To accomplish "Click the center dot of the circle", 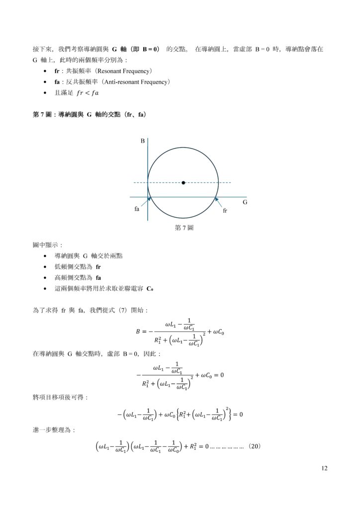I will coord(183,183).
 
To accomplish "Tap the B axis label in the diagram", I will coord(143,142).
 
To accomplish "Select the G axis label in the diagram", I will coord(245,203).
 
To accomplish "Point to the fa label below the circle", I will coord(137,209).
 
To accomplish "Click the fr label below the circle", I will coord(225,211).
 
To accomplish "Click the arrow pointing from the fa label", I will coord(145,201).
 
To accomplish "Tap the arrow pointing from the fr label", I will coord(218,202).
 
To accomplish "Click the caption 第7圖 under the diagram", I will coord(184,228).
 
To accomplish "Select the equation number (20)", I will coord(254,446).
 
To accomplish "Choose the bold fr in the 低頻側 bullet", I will coord(98,266).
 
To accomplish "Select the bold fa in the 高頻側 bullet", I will coord(98,277).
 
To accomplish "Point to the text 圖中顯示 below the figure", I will coord(45,245).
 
